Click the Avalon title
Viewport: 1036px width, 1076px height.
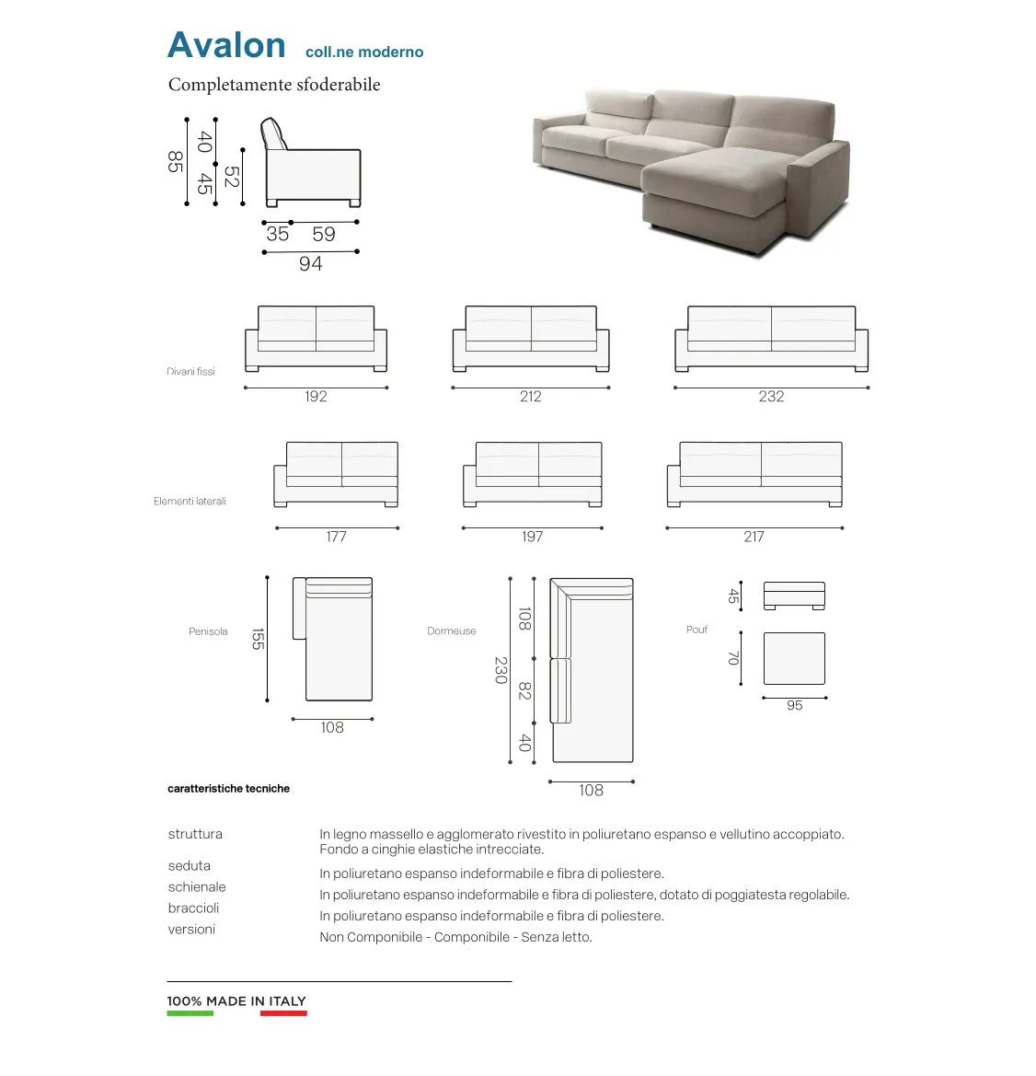(x=226, y=46)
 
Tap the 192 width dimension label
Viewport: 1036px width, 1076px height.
(x=316, y=397)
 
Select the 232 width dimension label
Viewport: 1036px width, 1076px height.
(x=771, y=397)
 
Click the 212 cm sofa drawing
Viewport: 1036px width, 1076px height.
(x=531, y=338)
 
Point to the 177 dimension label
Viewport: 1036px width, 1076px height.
(x=337, y=537)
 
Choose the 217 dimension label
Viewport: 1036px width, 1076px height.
(x=754, y=537)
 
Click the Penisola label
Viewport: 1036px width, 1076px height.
(x=208, y=631)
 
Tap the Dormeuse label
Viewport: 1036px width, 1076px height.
(x=452, y=631)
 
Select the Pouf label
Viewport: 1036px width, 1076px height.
(x=696, y=630)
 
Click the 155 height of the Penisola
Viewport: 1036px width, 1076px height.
(x=258, y=639)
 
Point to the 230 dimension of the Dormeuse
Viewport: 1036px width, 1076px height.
(x=501, y=670)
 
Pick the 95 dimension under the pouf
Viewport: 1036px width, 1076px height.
(x=795, y=706)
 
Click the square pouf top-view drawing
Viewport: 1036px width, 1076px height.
(x=794, y=658)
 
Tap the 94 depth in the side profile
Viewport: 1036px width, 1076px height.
(x=311, y=264)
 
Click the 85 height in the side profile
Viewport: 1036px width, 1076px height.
(x=175, y=161)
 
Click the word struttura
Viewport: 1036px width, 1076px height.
(x=195, y=834)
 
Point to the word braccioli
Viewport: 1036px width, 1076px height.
(x=193, y=908)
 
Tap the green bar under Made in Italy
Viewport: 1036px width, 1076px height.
(x=190, y=1013)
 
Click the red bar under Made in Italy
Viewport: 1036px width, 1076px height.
(x=283, y=1013)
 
